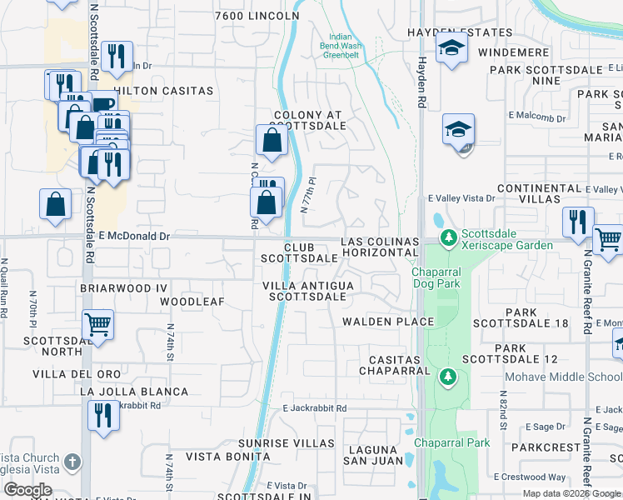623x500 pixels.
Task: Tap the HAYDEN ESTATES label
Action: pos(460,32)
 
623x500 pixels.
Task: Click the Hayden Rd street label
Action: pos(422,93)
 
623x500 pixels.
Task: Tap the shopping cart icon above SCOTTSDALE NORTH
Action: pos(98,324)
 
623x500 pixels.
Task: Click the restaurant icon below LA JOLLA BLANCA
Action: pos(103,415)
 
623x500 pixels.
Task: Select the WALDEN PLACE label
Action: pos(388,322)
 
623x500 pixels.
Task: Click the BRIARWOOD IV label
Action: pos(124,287)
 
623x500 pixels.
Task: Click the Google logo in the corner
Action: pos(27,490)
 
